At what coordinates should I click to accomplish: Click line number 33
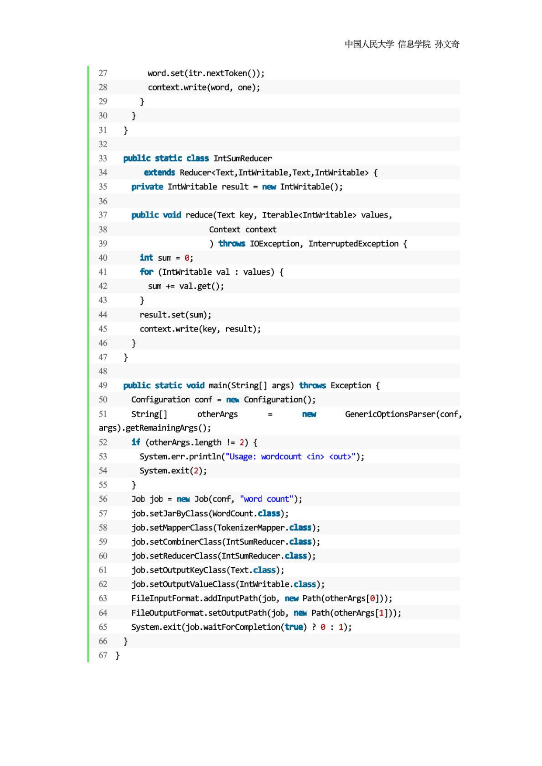click(103, 159)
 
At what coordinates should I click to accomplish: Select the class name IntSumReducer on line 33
click(242, 159)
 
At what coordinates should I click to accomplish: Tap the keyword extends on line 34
click(159, 173)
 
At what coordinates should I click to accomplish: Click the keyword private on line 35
click(147, 187)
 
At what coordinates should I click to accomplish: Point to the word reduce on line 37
click(199, 215)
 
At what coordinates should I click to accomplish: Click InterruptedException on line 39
click(353, 244)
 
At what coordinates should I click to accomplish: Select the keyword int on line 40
click(146, 258)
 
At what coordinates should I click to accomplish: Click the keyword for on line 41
click(147, 272)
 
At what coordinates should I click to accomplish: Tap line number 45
click(103, 329)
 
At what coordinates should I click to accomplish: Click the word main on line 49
click(218, 386)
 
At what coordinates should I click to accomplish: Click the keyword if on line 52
click(136, 442)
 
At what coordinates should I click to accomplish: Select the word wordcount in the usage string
click(281, 456)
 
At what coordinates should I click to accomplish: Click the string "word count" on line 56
click(266, 499)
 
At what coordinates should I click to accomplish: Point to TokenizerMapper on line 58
click(251, 528)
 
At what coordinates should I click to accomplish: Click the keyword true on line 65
click(294, 627)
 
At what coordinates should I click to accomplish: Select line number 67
click(103, 656)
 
